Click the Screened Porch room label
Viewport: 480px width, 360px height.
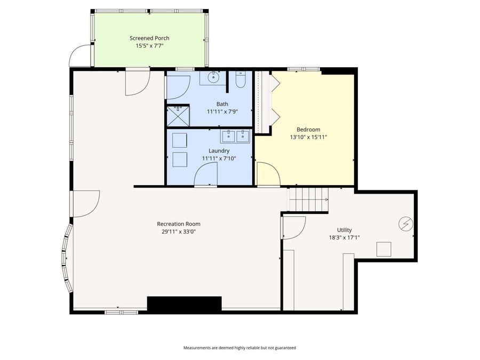(149, 38)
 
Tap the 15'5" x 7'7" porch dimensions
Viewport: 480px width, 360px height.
(149, 46)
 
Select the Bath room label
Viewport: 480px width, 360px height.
(222, 103)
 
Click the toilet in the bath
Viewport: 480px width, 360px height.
(240, 79)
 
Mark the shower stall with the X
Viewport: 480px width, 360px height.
(178, 115)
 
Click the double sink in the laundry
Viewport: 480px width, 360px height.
(236, 136)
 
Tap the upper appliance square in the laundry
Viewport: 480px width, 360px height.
(179, 140)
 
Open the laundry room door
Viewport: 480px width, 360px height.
(206, 174)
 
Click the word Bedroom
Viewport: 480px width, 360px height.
(308, 130)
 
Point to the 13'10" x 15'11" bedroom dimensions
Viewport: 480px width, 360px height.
(308, 137)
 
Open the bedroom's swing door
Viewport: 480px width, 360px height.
(267, 174)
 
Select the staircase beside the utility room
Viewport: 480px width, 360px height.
(308, 199)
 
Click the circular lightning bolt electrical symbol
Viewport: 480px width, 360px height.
(406, 224)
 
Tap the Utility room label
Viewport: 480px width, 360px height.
(345, 230)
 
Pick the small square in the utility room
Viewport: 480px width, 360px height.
(383, 249)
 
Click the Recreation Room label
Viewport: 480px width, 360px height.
(179, 224)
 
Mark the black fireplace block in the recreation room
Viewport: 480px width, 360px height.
(184, 304)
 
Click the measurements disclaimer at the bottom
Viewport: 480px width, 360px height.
(239, 348)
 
